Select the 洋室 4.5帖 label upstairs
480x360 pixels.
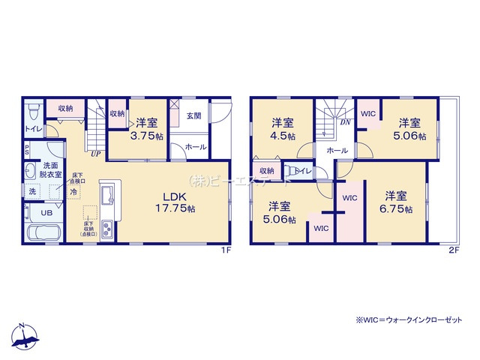click(x=283, y=130)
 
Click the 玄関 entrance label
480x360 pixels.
click(x=194, y=116)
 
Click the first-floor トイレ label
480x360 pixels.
click(x=34, y=128)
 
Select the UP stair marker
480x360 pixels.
click(x=96, y=155)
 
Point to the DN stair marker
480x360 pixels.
click(x=346, y=121)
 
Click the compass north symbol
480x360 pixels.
click(x=25, y=338)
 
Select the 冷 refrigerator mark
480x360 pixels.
click(x=73, y=191)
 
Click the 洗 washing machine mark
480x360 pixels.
click(x=31, y=191)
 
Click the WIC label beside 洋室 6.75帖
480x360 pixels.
click(x=350, y=197)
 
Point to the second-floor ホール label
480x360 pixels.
click(x=337, y=151)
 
